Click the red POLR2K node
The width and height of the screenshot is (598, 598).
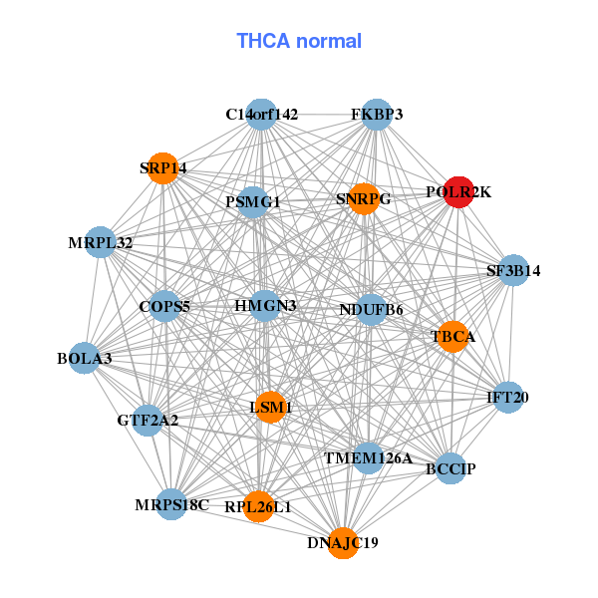point(458,192)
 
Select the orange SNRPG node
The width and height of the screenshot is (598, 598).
point(364,199)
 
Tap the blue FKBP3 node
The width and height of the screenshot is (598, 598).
point(377,115)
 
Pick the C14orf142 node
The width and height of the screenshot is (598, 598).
point(261,115)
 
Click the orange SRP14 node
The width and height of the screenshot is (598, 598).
point(162,168)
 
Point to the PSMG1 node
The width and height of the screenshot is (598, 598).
point(253,202)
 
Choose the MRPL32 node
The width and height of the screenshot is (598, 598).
point(101,242)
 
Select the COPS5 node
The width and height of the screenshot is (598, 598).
point(164,306)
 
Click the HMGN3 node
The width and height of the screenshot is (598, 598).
point(265,306)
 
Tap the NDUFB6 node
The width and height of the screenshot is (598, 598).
point(371,310)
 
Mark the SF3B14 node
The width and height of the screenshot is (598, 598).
point(513,270)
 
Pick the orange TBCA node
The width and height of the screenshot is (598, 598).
point(453,337)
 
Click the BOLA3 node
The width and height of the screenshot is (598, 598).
point(85,358)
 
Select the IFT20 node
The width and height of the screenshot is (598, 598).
point(508,398)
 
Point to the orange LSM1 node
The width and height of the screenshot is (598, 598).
point(271,407)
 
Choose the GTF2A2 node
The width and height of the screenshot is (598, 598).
point(148,421)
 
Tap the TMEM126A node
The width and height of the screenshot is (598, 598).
point(368,458)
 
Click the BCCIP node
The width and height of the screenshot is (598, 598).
point(450,468)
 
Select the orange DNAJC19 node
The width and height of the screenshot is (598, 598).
point(343,543)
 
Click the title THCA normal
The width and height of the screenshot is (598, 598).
point(299,41)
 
